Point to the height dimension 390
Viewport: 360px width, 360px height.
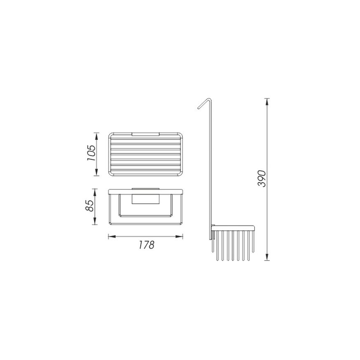tap(261, 178)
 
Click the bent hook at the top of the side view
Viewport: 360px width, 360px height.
tap(203, 102)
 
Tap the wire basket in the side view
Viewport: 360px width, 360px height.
tap(234, 243)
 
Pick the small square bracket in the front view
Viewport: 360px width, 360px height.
tap(145, 198)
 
